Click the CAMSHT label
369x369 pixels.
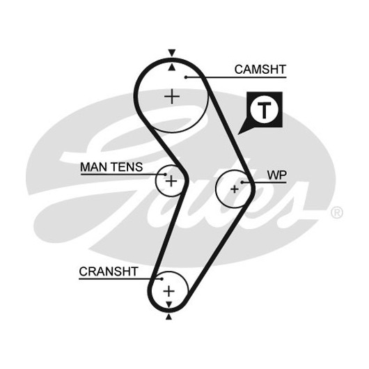[x=260, y=70]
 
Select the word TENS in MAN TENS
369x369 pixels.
[x=127, y=167]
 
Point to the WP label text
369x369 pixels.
[x=277, y=175]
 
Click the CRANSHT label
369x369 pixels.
[x=109, y=272]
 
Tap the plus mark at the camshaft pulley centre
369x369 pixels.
[x=172, y=96]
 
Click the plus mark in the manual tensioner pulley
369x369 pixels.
[x=171, y=181]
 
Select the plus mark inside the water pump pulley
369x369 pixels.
[x=235, y=189]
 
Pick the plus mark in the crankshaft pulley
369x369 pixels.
[x=168, y=291]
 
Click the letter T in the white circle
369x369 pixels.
[x=265, y=110]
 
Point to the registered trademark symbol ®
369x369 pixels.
[x=337, y=212]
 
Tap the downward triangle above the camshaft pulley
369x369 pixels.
[x=172, y=53]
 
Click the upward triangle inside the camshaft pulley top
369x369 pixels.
[x=172, y=68]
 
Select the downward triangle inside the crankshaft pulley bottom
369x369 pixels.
[x=168, y=304]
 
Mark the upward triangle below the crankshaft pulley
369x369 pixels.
[x=168, y=317]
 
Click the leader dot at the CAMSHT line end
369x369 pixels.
[x=186, y=77]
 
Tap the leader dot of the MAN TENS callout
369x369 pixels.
[x=165, y=174]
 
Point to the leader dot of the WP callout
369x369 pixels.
[x=242, y=182]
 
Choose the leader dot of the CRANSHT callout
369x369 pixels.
[x=162, y=279]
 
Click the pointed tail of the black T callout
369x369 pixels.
[x=238, y=134]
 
